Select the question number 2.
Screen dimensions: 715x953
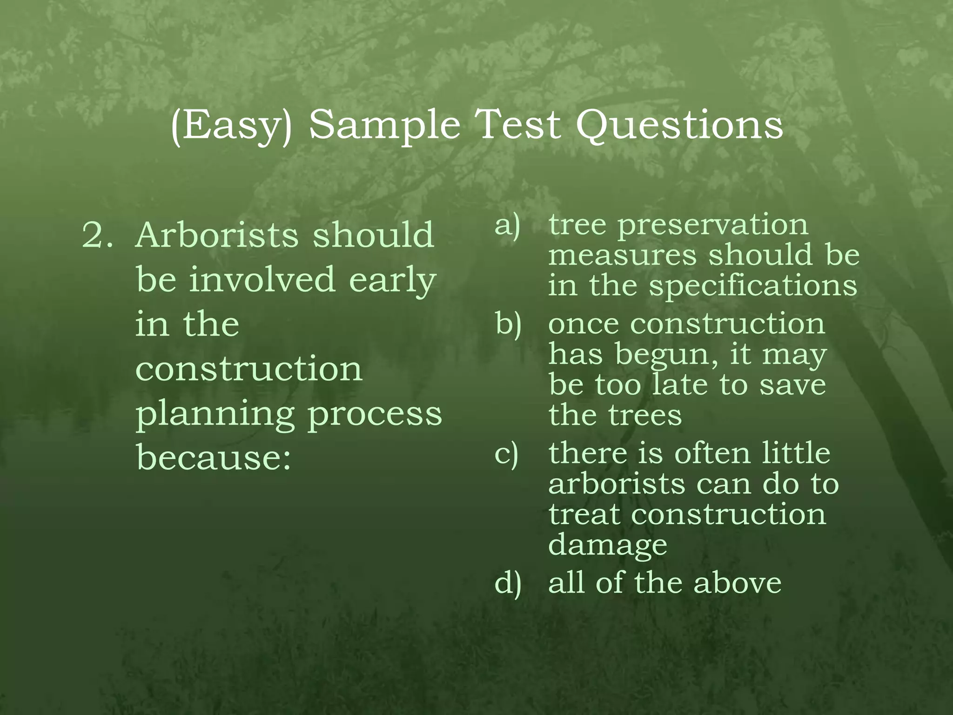[x=97, y=235]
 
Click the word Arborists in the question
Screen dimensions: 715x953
[x=217, y=235]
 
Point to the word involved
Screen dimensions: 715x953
[x=262, y=279]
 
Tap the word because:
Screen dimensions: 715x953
[x=214, y=457]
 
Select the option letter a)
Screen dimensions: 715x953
[x=507, y=226]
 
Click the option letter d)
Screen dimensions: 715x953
[x=508, y=583]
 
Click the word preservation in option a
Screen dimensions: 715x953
[x=712, y=226]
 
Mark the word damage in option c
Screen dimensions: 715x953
[x=608, y=545]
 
